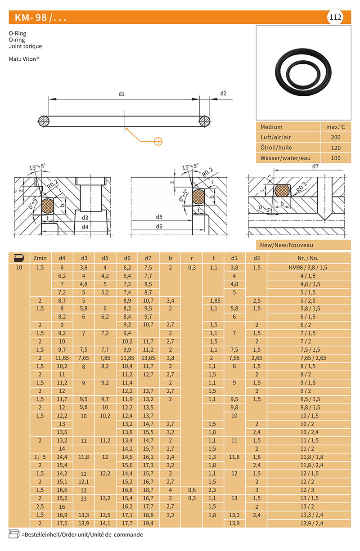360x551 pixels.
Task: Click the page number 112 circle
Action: (x=335, y=17)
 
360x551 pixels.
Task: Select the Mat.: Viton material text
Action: (x=24, y=59)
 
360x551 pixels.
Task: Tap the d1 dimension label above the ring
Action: (x=121, y=94)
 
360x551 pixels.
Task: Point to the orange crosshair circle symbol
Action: (x=158, y=141)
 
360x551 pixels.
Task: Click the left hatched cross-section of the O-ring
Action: (x=44, y=121)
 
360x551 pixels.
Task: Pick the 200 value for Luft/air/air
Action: (x=336, y=137)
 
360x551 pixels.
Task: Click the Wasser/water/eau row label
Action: (x=285, y=158)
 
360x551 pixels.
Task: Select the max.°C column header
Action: (x=335, y=127)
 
